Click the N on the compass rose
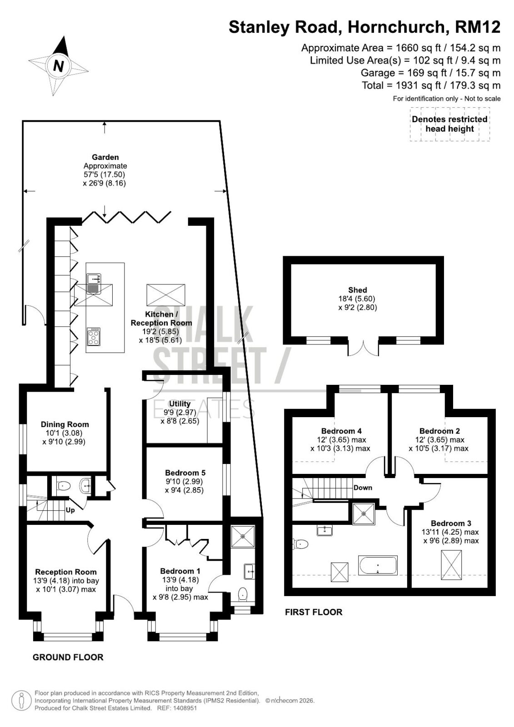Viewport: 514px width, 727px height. point(58,66)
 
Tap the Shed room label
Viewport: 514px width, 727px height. point(358,290)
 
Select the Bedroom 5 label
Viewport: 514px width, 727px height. point(185,473)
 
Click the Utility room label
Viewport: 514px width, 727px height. point(180,404)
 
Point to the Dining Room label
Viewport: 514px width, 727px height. point(65,424)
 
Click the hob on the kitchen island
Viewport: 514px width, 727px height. point(94,337)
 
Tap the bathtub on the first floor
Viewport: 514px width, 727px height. point(377,565)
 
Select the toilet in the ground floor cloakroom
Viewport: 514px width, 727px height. point(63,486)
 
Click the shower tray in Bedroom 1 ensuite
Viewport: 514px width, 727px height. point(243,537)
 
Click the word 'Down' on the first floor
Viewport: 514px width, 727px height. point(363,488)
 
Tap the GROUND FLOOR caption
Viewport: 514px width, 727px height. point(68,657)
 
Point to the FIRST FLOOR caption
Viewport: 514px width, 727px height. point(314,612)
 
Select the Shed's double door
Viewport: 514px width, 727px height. point(363,347)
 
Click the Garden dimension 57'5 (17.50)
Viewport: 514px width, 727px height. point(104,174)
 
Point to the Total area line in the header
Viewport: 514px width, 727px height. point(431,85)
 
